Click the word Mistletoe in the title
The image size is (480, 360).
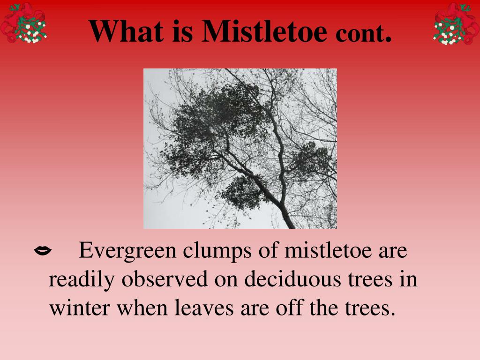(264, 31)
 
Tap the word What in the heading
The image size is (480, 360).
(126, 31)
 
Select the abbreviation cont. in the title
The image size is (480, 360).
(363, 33)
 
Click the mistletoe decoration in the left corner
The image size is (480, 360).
(23, 23)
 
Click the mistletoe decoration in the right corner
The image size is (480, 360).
(457, 23)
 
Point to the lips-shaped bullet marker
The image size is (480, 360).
(43, 251)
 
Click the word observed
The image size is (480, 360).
(165, 279)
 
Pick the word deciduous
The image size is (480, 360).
(292, 279)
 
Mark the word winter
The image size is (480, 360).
(80, 307)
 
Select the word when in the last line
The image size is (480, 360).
(142, 307)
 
